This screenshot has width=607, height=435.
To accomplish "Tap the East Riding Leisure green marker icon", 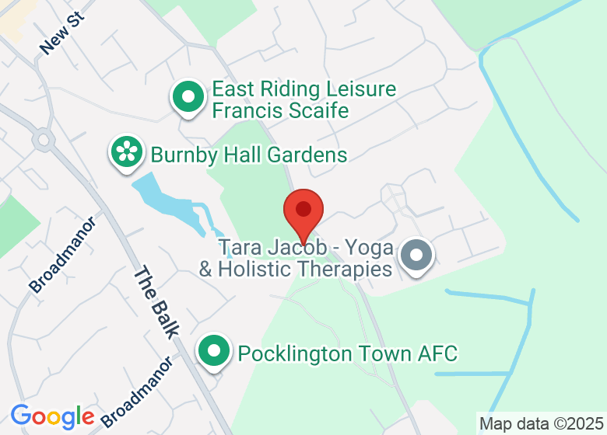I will [188, 98].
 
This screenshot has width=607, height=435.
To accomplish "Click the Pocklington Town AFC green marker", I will [214, 352].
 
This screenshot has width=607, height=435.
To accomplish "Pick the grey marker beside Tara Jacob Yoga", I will [416, 256].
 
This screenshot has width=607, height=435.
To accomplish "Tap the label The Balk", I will [156, 301].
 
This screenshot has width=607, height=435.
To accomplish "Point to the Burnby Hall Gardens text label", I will [249, 155].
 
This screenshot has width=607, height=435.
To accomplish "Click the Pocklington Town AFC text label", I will [347, 354].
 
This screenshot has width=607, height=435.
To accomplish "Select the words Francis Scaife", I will [280, 111].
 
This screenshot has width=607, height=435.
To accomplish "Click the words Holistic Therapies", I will [305, 270].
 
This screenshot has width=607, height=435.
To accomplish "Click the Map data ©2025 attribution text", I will [541, 424].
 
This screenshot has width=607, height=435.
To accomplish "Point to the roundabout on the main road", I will [43, 141].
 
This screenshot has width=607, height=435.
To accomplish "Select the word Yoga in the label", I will [370, 248].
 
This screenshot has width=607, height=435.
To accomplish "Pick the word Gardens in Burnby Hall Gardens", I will [307, 155].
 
